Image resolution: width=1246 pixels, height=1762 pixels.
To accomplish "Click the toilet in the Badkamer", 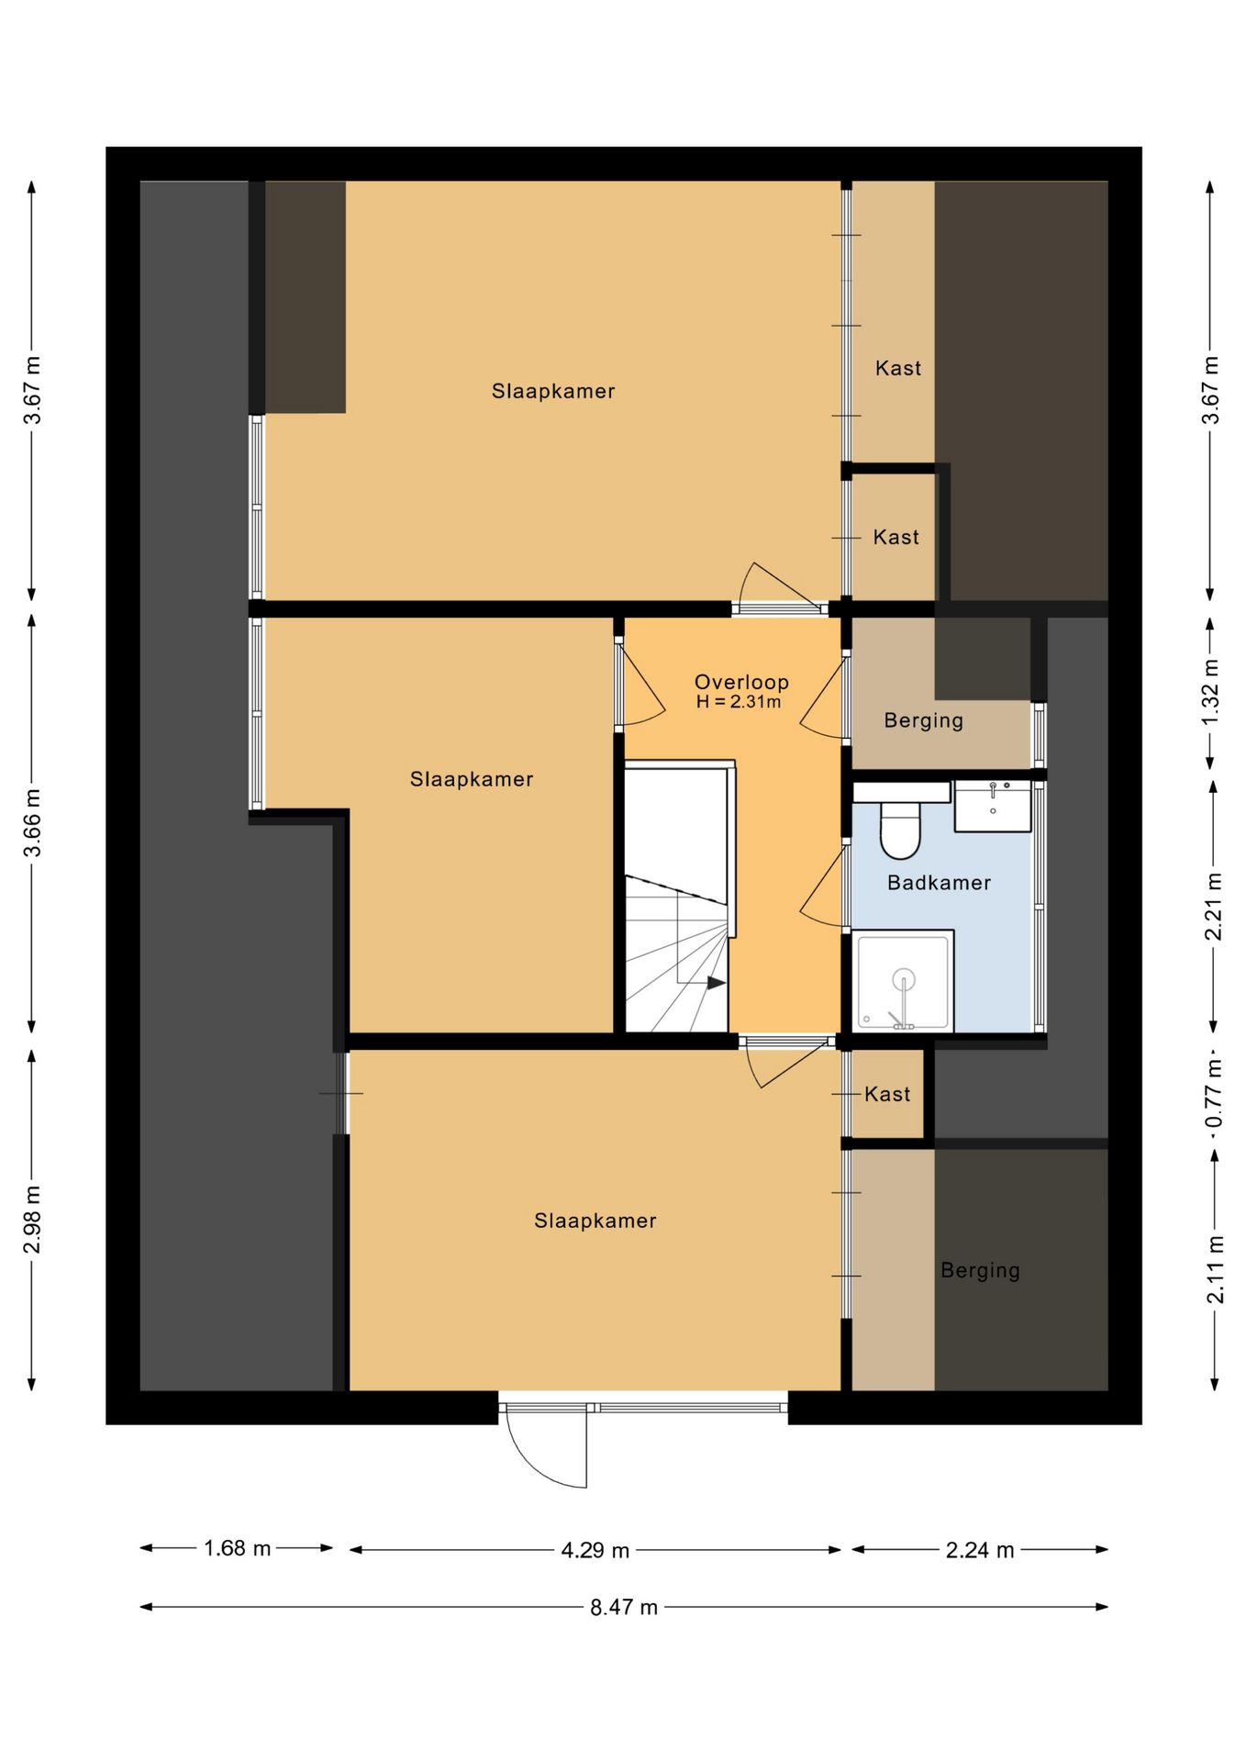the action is click(899, 829).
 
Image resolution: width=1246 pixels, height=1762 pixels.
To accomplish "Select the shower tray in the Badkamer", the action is click(904, 981).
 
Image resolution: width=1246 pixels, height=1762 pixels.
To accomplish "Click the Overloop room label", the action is click(741, 682).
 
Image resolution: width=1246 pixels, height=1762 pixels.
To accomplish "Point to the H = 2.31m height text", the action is click(739, 702).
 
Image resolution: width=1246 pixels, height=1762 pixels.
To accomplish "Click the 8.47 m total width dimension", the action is click(624, 1607).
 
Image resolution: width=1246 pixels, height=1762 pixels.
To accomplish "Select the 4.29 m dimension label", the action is click(595, 1550).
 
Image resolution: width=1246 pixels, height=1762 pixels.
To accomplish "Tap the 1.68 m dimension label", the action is click(237, 1548).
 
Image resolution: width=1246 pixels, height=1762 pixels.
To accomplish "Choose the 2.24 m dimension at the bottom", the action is click(980, 1550).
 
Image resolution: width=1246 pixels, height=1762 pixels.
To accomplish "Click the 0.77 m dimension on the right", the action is click(1214, 1094).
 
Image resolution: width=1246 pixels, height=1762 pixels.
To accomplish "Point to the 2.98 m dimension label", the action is click(32, 1219).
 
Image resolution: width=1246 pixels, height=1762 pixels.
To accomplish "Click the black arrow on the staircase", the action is click(716, 983).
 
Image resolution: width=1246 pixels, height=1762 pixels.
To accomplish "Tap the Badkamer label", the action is click(939, 883).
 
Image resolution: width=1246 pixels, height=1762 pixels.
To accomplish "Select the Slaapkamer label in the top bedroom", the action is click(553, 391).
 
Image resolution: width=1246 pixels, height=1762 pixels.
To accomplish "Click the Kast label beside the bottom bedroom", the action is click(887, 1094).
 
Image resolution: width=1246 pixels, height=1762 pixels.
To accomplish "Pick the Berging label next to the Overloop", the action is click(924, 720).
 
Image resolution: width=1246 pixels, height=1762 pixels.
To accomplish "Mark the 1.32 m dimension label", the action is click(1211, 692).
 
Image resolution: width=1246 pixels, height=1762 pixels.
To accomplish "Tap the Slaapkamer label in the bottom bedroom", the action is click(595, 1221).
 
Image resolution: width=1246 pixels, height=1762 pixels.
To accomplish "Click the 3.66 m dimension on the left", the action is click(32, 822).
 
